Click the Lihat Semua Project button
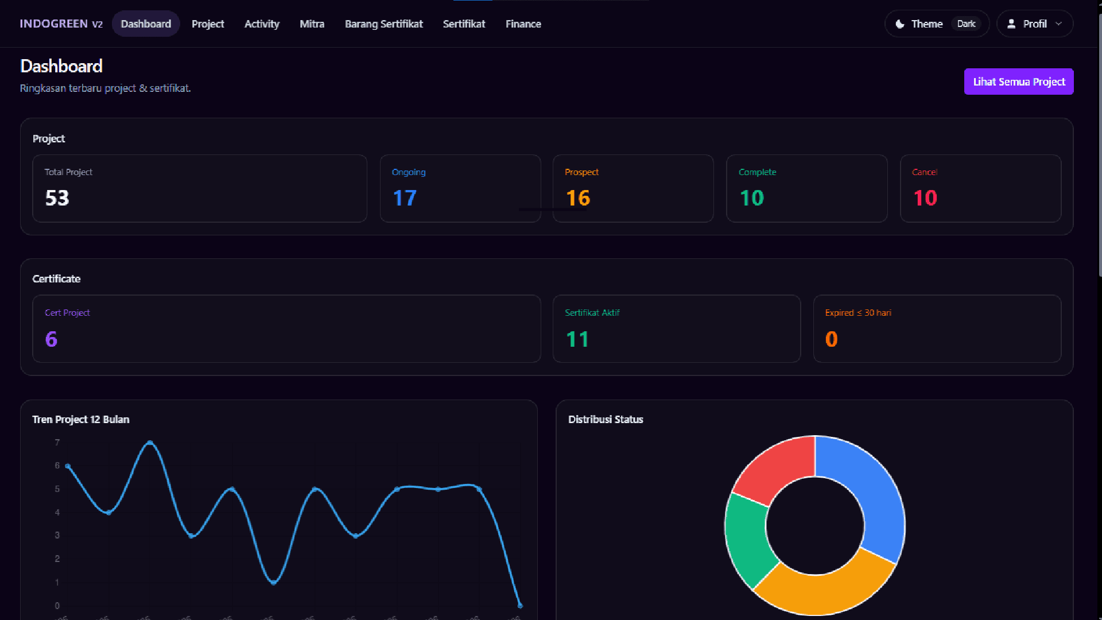click(x=1018, y=82)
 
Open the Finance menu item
click(x=523, y=24)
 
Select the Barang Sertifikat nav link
click(x=383, y=24)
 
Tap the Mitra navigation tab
click(x=312, y=24)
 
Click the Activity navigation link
click(x=262, y=24)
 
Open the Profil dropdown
click(x=1034, y=24)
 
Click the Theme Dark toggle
click(x=937, y=24)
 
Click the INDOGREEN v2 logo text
click(x=61, y=24)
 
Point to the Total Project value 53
click(x=57, y=198)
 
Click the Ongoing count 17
click(x=404, y=198)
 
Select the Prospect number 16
click(x=577, y=198)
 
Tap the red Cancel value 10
click(x=925, y=198)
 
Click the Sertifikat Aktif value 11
click(x=577, y=339)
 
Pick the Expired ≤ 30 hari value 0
click(x=831, y=339)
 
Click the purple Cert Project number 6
click(x=51, y=339)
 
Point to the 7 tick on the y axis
click(x=57, y=443)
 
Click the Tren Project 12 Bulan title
click(x=80, y=420)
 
